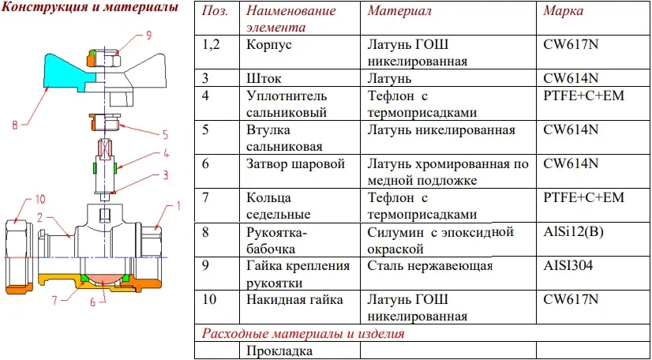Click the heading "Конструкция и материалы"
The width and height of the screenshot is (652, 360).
[90, 8]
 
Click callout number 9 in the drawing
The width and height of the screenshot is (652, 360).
[148, 35]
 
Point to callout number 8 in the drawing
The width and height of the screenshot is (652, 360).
[15, 125]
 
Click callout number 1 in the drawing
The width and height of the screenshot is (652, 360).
[179, 205]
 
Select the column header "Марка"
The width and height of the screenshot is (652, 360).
[563, 11]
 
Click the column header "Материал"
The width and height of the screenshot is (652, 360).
[399, 11]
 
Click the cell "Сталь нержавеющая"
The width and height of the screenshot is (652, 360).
[430, 265]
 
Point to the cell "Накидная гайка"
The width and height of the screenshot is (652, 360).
[294, 299]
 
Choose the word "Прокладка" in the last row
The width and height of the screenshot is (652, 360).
[279, 351]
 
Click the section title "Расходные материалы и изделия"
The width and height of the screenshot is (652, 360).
[303, 333]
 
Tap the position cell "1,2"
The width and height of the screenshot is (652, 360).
[211, 45]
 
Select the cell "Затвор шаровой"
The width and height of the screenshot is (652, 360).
[296, 163]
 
